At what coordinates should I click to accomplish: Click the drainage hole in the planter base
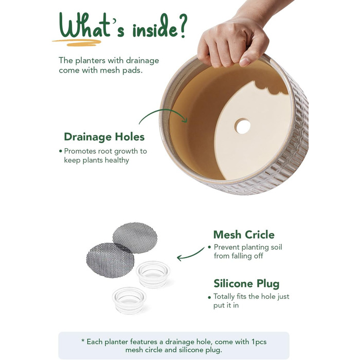[242, 126]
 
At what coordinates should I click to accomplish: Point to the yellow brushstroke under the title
[77, 42]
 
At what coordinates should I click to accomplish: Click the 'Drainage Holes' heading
[104, 137]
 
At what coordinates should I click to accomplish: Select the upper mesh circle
[135, 238]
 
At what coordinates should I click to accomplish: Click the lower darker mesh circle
[110, 260]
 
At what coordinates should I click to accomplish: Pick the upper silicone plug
[153, 274]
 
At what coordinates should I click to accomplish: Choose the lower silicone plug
[129, 300]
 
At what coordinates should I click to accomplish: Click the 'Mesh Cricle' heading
[244, 235]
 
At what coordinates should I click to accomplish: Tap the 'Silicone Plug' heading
[246, 284]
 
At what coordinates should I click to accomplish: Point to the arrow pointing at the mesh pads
[190, 255]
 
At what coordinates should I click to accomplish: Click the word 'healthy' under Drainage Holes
[117, 160]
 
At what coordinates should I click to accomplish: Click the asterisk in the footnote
[83, 340]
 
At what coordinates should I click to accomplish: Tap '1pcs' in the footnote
[259, 342]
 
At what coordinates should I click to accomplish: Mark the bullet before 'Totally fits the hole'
[209, 298]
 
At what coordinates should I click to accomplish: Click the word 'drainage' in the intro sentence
[142, 61]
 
